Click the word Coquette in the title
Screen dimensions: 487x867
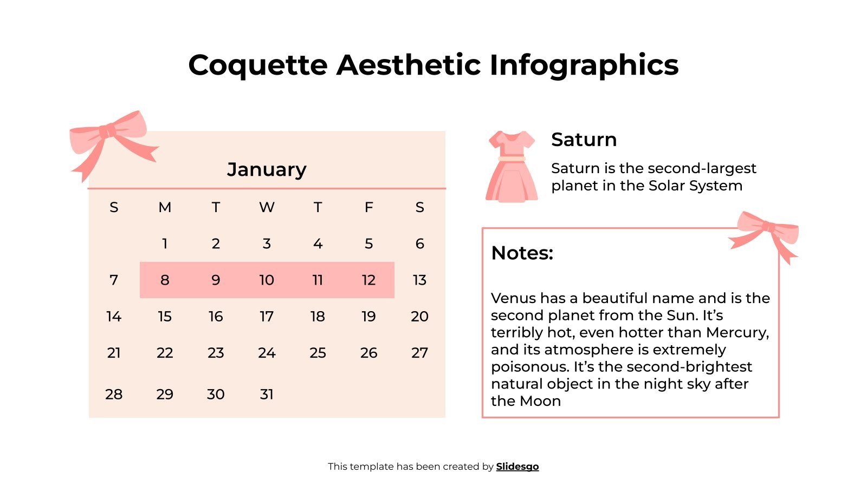(258, 65)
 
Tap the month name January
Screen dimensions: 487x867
(267, 169)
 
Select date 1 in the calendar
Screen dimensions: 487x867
(165, 243)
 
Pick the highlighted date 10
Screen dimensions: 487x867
(267, 280)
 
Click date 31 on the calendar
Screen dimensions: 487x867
(267, 394)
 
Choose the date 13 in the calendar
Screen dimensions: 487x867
(419, 280)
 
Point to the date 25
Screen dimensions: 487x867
(318, 353)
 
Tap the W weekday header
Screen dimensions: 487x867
(267, 207)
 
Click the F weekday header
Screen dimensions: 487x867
(368, 207)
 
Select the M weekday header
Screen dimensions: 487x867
(165, 207)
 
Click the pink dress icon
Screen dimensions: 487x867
(512, 167)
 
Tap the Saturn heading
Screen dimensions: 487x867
(584, 140)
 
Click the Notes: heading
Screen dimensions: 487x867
(522, 253)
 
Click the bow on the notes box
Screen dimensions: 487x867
(766, 233)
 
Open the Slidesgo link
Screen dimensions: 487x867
(517, 466)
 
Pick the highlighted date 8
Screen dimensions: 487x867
(165, 280)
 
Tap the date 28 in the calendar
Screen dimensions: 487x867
(114, 394)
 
